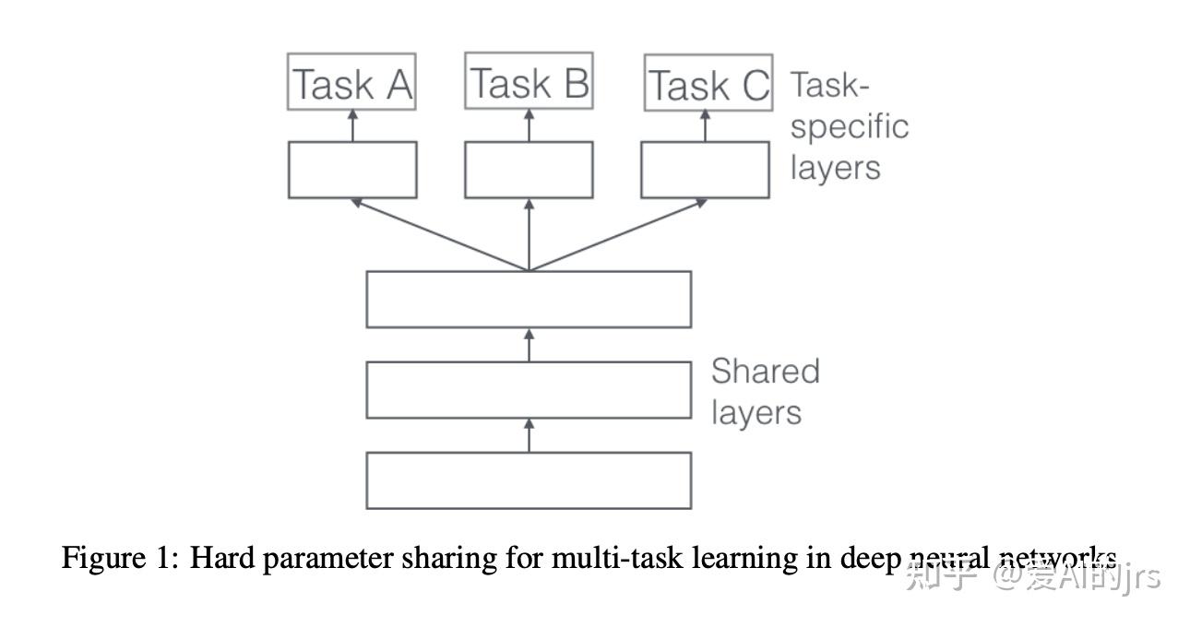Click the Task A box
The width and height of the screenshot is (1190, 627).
352,84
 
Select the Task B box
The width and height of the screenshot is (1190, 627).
529,82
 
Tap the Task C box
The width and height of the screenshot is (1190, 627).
708,85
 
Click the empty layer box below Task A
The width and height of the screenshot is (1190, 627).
352,170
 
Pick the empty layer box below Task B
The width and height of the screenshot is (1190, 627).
529,170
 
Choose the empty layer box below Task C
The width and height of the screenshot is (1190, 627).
706,170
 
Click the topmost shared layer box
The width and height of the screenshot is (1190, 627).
529,299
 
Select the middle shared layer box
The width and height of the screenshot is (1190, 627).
529,390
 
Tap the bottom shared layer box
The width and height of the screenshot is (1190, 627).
529,479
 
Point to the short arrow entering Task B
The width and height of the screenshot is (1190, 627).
529,125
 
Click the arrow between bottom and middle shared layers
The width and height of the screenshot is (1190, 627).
529,434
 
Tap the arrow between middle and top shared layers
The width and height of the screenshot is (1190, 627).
529,344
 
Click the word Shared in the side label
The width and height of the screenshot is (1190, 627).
765,372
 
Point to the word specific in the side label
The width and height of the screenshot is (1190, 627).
849,127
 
